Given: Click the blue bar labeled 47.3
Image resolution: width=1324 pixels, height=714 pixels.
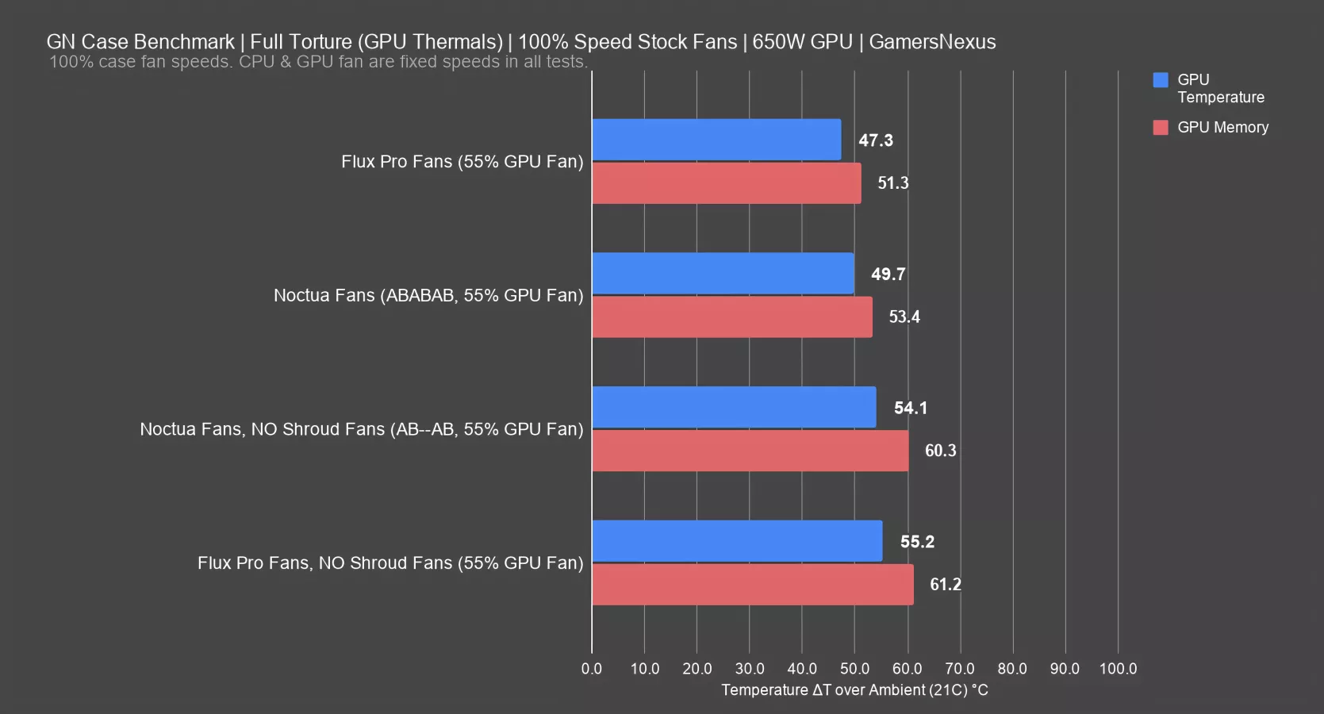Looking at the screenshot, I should click(716, 140).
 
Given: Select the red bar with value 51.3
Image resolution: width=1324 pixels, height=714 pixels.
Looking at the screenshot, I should click(727, 183).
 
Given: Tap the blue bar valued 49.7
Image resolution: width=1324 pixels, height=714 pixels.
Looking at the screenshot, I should click(723, 274).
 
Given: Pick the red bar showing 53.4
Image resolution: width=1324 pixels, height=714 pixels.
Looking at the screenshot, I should click(732, 317).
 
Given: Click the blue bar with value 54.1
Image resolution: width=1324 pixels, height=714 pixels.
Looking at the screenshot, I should click(734, 407).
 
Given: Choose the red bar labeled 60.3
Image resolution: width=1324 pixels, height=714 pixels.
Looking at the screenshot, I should click(750, 451).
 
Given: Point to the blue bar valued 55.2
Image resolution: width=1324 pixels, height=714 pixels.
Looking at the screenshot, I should click(737, 541).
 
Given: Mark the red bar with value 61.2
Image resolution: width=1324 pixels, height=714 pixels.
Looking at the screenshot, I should click(753, 585).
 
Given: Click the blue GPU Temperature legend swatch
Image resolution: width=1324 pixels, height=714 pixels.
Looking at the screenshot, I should click(1161, 80).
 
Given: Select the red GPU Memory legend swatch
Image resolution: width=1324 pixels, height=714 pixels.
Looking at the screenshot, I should click(1161, 128).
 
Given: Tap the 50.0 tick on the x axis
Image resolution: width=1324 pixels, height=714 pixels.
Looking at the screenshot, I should click(854, 669).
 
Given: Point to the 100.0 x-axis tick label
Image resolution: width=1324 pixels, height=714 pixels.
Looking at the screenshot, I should click(1118, 669).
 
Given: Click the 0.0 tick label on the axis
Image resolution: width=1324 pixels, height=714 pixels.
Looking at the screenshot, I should click(592, 669).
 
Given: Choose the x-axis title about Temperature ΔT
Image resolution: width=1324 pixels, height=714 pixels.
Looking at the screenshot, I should click(854, 690).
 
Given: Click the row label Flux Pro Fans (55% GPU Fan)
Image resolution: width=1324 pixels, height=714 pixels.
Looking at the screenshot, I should click(462, 162).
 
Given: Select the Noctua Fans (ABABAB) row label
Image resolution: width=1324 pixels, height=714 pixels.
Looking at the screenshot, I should click(428, 296).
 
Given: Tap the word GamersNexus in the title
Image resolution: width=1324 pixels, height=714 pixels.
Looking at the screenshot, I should click(932, 42).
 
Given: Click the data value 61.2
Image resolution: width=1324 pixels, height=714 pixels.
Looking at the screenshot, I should click(946, 585).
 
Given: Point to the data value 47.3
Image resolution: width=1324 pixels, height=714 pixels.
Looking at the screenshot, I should click(876, 140).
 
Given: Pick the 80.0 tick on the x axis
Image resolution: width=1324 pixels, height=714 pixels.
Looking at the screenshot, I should click(1012, 669).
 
